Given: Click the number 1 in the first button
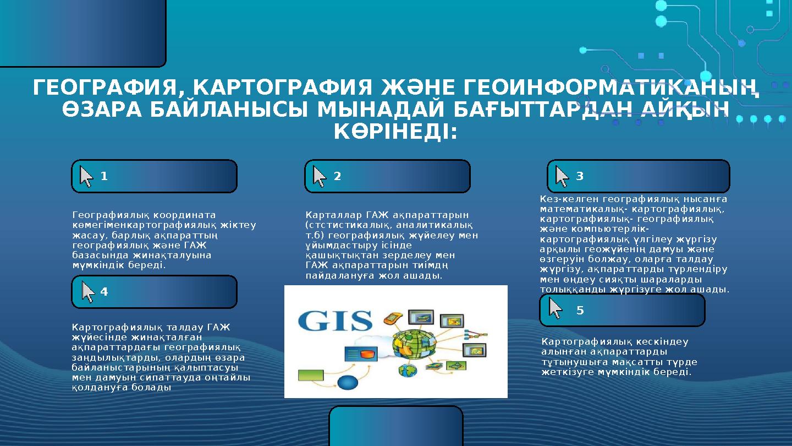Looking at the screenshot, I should point(104,177).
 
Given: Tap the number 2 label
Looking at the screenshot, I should point(337,177).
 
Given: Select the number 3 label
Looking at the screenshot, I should point(580,177).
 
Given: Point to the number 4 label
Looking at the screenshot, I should point(104,292).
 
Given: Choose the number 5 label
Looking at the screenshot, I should point(580,311).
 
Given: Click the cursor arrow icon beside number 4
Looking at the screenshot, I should point(88,292).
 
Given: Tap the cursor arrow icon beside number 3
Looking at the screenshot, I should point(562,176).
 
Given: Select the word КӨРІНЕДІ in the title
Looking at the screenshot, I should point(395,132).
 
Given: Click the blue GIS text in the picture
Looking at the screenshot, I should point(335,321).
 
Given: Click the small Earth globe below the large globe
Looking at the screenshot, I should point(408,370).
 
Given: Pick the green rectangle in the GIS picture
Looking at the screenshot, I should point(311,376).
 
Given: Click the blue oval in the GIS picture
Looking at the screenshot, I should point(348,383).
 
